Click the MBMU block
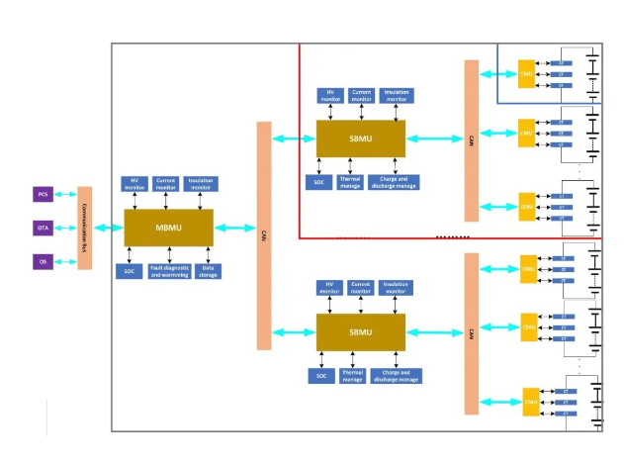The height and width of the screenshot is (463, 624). click(x=167, y=228)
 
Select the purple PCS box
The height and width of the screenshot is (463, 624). click(x=43, y=194)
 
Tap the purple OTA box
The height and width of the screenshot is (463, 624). click(x=43, y=229)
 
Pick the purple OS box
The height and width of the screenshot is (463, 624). click(x=43, y=262)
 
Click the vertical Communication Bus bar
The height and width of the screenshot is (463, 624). click(x=85, y=228)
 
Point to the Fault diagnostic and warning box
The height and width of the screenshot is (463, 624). click(x=169, y=271)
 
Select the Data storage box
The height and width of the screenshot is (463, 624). click(x=209, y=270)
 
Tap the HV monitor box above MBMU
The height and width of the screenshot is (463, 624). click(x=133, y=184)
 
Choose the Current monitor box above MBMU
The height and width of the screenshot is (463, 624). click(x=165, y=184)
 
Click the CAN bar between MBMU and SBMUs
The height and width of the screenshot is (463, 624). click(x=264, y=235)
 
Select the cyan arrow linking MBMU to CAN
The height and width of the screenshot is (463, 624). click(x=234, y=229)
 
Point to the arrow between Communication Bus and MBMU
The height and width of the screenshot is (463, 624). click(x=108, y=229)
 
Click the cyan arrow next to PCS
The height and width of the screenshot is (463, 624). click(x=65, y=195)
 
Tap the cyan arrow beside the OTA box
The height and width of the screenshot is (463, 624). click(x=65, y=229)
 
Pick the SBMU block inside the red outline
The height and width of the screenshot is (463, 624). click(x=360, y=139)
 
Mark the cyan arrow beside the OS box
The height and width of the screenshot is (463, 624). click(x=65, y=262)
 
